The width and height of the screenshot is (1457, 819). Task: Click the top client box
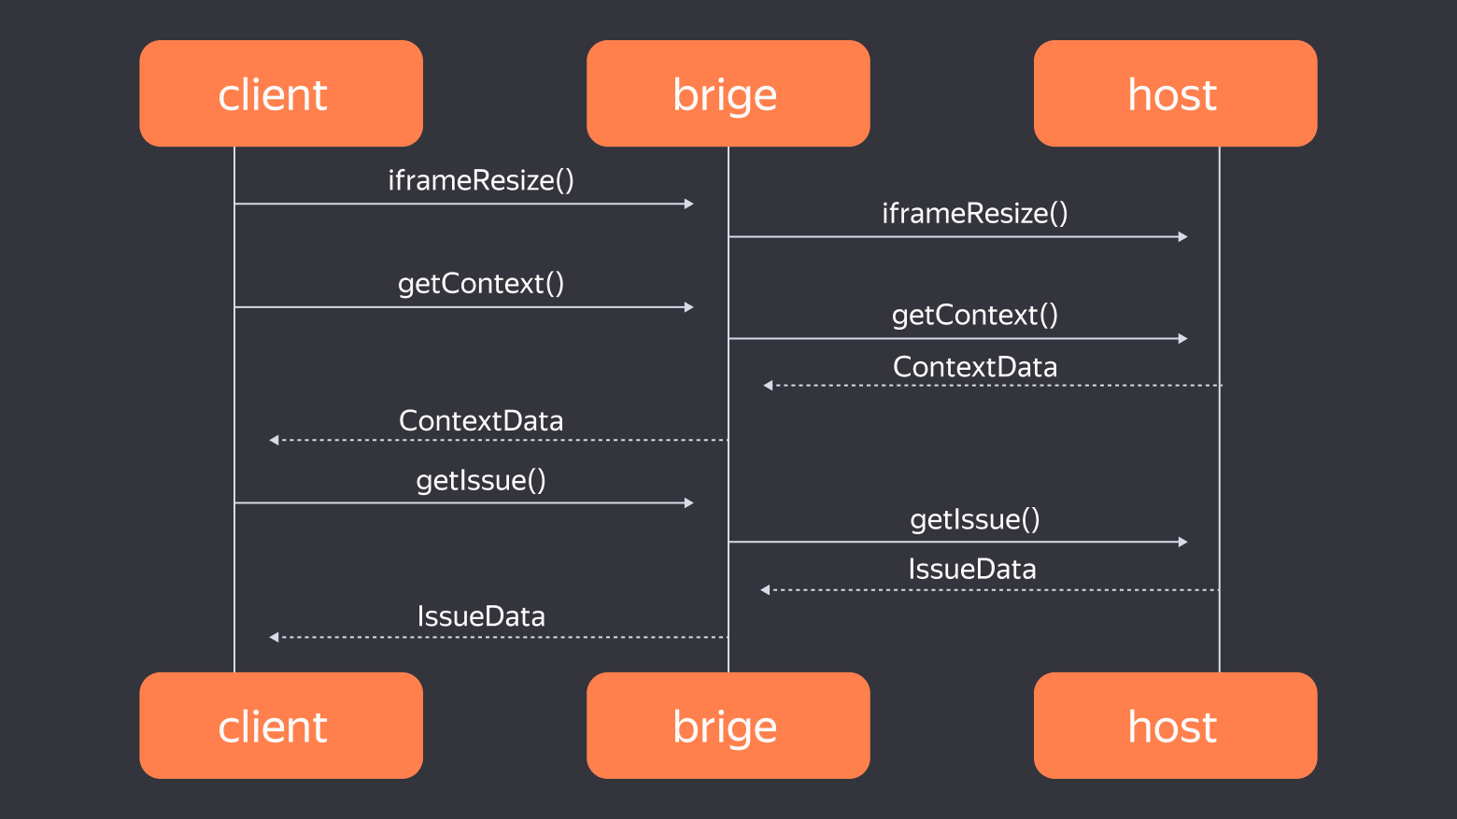[x=281, y=93]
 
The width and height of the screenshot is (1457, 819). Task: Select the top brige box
[x=728, y=93]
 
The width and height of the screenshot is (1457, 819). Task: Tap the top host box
[x=1175, y=93]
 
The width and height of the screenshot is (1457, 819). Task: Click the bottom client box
[x=281, y=726]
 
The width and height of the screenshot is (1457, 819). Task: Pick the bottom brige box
[x=728, y=726]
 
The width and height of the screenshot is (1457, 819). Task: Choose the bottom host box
[x=1175, y=726]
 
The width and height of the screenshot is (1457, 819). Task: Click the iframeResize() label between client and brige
[x=481, y=180]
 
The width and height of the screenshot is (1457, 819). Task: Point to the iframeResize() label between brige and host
[x=974, y=213]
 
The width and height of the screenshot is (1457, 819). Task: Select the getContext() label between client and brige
[x=481, y=284]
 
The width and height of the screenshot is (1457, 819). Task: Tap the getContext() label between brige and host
[x=974, y=316]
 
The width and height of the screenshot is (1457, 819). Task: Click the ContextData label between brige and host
[x=974, y=367]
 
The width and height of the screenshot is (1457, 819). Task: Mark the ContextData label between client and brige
[x=481, y=421]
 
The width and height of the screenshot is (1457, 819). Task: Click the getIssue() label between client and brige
[x=481, y=481]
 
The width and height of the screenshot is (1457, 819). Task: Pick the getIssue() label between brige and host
[x=974, y=520]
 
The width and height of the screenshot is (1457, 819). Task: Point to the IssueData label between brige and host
[x=971, y=570]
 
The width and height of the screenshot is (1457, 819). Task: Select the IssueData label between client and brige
[x=481, y=616]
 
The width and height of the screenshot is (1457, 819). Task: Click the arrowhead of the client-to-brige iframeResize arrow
[x=689, y=204]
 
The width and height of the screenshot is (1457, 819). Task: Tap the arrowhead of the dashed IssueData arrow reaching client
[x=274, y=637]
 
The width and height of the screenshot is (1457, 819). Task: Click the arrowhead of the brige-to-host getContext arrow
[x=1183, y=338]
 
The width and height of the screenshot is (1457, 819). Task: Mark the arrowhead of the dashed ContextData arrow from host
[x=768, y=385]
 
